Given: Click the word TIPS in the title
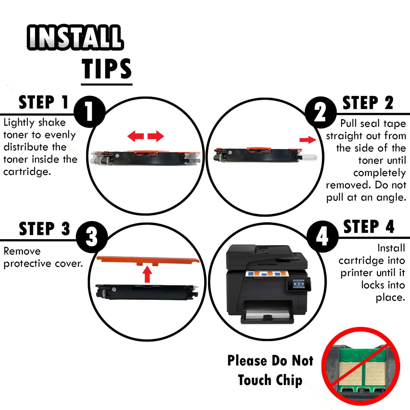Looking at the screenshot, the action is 107,68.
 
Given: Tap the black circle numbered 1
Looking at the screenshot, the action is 90,112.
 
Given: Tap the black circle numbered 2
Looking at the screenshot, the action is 320,112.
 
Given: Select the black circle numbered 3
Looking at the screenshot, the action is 92,237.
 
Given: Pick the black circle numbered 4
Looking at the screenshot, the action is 322,237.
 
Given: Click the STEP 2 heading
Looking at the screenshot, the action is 368,103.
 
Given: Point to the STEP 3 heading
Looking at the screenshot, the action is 45,228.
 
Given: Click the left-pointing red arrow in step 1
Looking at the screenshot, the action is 136,136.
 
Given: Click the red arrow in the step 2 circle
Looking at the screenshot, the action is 308,140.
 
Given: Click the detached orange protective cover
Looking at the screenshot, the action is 148,260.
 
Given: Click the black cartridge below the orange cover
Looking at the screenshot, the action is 147,292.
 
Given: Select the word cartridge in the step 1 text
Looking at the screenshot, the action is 27,172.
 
